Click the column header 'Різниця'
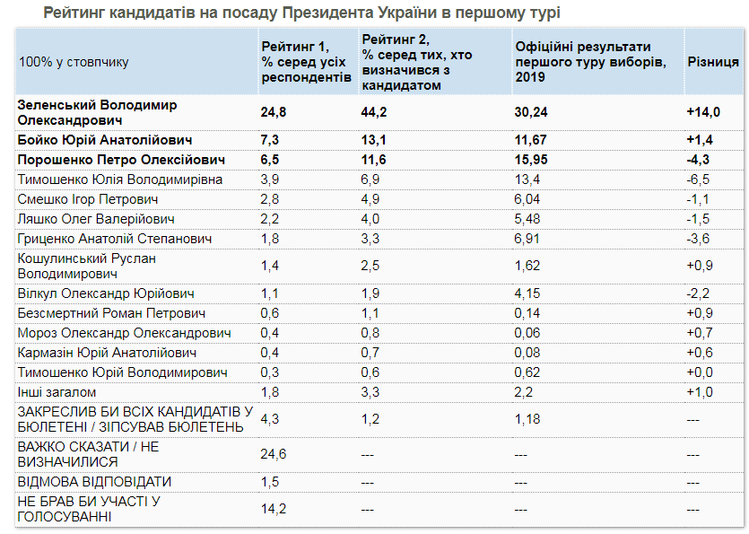click(713, 62)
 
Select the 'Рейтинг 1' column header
click(306, 62)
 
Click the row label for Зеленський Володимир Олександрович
click(98, 111)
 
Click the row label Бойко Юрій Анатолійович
click(104, 141)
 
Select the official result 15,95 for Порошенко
click(531, 160)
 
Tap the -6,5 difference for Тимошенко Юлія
click(699, 179)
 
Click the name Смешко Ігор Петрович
click(88, 199)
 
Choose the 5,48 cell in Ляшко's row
click(527, 219)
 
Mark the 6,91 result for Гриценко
click(527, 239)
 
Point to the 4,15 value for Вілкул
click(527, 293)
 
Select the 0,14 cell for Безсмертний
click(527, 313)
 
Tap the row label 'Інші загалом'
click(57, 392)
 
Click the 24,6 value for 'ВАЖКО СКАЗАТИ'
click(274, 454)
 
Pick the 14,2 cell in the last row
click(274, 509)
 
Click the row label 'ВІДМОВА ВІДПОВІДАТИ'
click(94, 482)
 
